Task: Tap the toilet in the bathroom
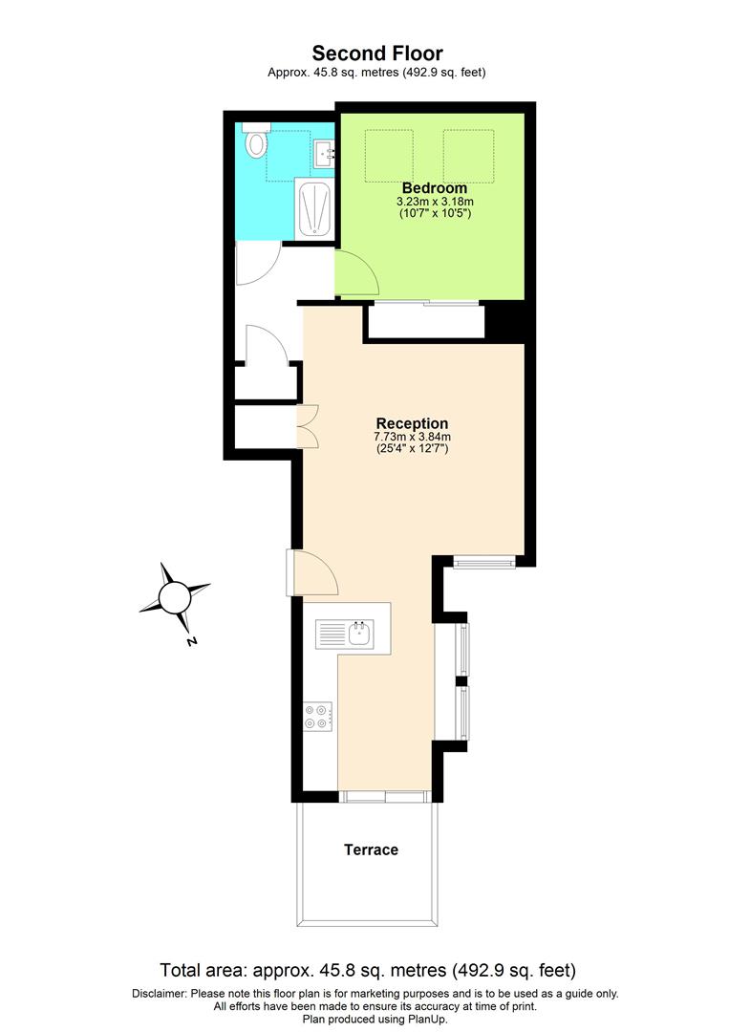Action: (255, 142)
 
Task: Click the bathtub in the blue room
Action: (313, 208)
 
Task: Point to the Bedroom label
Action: (435, 187)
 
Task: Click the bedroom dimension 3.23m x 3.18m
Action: (435, 202)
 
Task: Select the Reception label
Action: (412, 423)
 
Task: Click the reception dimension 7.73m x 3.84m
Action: (412, 437)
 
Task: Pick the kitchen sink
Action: (348, 633)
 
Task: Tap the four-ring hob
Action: (317, 717)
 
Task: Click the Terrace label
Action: (371, 849)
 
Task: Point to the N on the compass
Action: (191, 641)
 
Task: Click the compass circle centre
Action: (175, 598)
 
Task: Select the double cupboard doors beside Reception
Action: (309, 425)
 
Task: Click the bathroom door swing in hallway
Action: (256, 264)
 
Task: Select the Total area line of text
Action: (368, 971)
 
